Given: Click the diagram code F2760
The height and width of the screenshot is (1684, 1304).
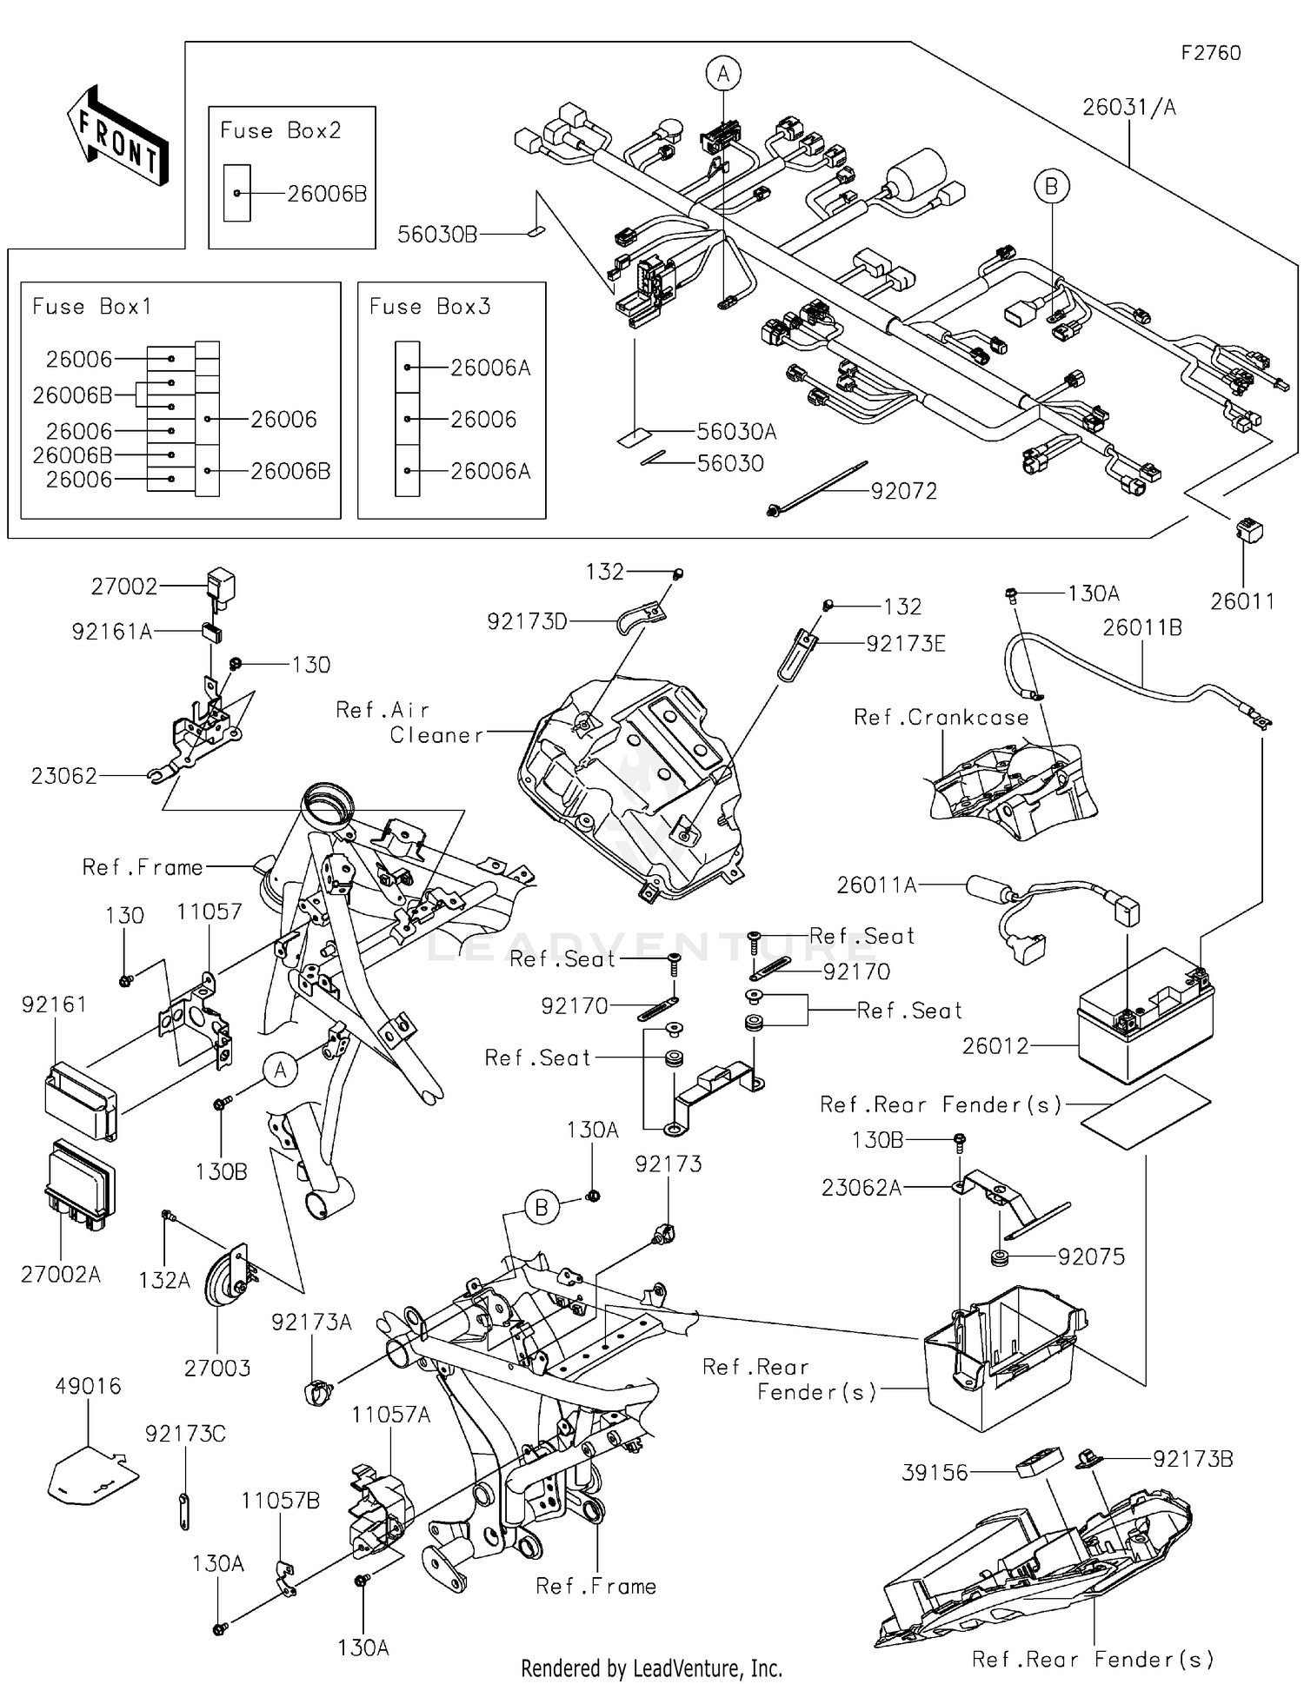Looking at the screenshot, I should point(1210,53).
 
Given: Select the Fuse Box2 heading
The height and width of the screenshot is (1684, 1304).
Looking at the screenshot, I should point(280,130).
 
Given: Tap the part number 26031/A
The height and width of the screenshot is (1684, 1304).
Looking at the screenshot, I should point(1128,107).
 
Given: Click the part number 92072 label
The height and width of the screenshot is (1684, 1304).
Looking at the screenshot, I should point(904,491).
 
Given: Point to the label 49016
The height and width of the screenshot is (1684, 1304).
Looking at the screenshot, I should point(88,1385).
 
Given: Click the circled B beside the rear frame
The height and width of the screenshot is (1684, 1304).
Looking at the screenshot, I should point(541,1208).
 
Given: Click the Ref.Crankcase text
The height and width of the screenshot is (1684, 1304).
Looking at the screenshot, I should point(941,717).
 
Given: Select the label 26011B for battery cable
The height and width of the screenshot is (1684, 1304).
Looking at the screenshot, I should point(1142,627).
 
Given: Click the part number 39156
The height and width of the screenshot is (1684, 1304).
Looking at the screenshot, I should point(935,1472).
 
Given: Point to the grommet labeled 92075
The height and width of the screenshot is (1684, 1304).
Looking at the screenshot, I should point(999,1256).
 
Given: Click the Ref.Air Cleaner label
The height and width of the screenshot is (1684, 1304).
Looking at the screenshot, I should point(409,722).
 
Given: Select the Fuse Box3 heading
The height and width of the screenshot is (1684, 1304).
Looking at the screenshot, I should point(429,306).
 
